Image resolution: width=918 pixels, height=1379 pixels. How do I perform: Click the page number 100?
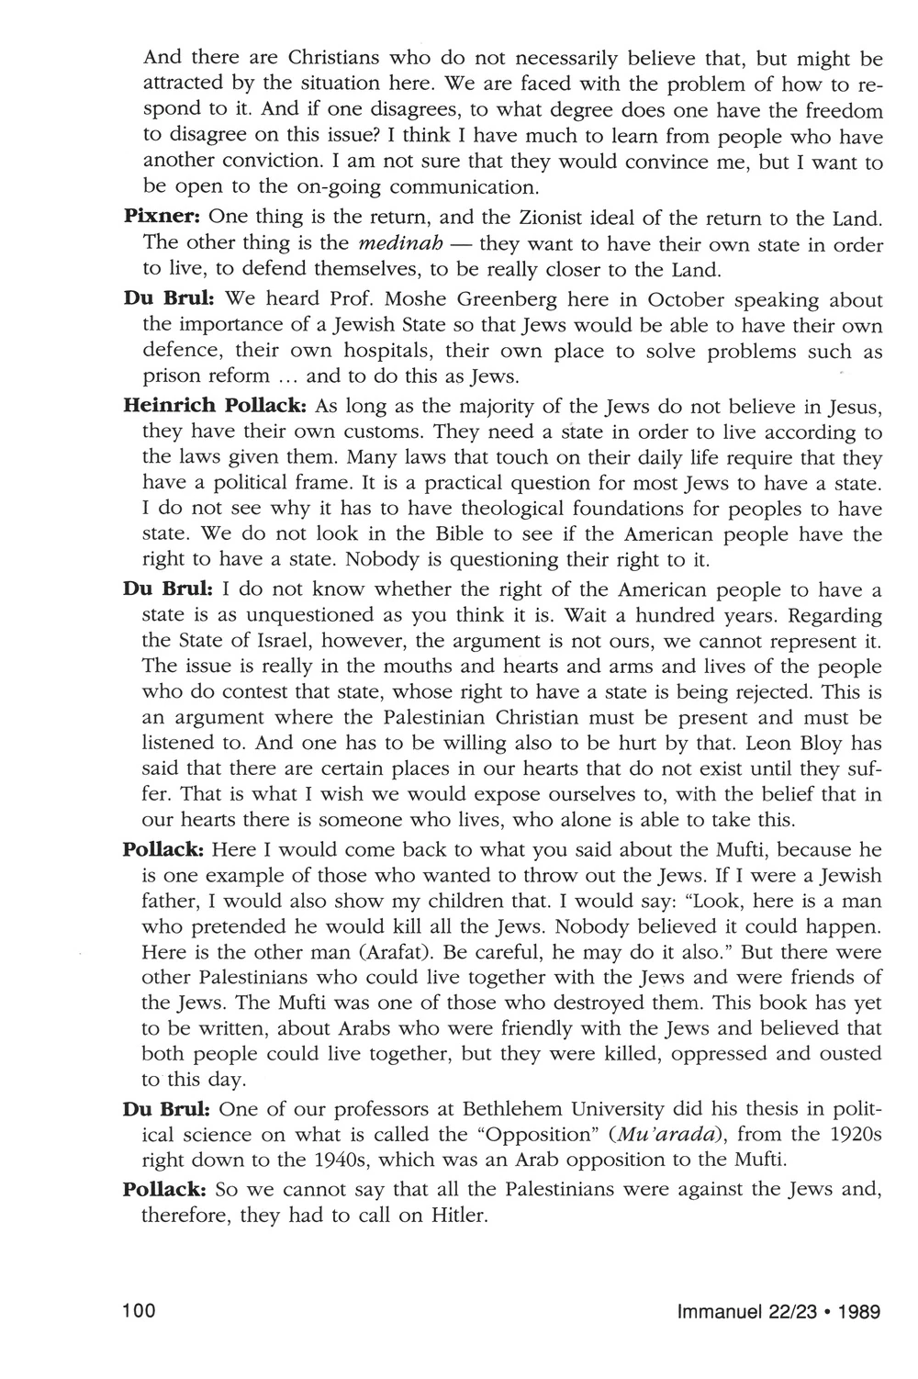coord(138,1311)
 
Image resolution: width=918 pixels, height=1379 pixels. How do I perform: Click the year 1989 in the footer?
coord(857,1311)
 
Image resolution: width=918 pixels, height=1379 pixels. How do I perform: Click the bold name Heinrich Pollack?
coord(215,406)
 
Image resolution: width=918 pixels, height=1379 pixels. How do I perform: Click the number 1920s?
coord(853,1134)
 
